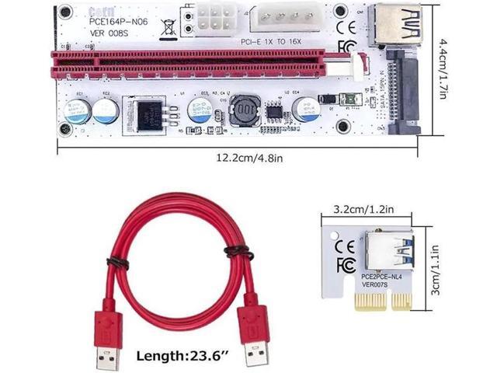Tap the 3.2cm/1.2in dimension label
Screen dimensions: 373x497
[x=369, y=209]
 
